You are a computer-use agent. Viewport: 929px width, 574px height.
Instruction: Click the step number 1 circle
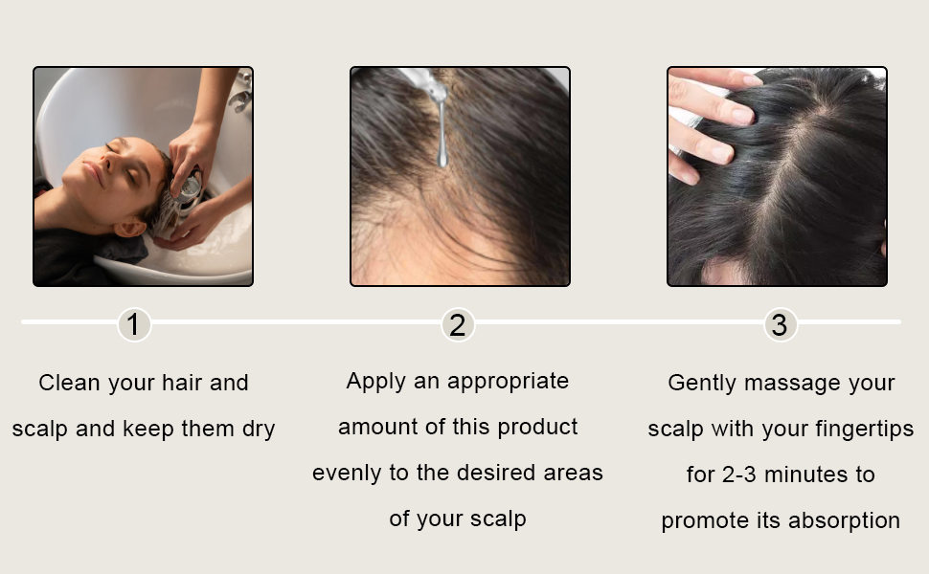134,325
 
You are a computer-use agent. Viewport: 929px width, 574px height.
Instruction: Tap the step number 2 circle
458,325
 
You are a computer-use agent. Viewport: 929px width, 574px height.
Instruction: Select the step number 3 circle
781,325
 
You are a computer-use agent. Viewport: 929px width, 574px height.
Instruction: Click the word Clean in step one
70,384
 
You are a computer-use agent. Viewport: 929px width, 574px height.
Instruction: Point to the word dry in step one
258,430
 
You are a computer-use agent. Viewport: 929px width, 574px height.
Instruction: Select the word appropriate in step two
508,382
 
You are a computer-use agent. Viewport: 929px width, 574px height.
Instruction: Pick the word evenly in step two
346,473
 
